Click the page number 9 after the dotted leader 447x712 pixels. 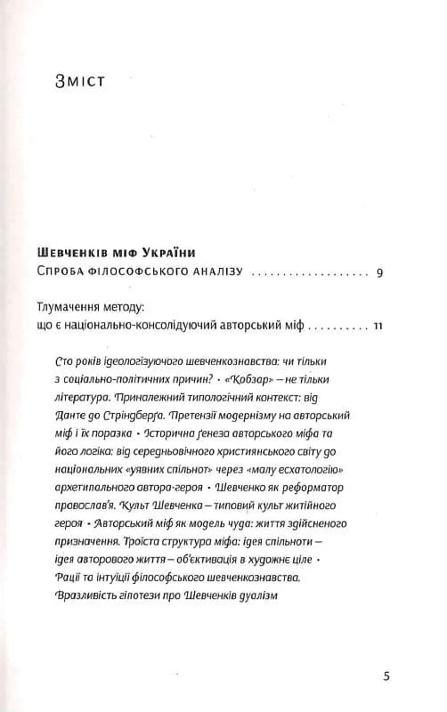click(379, 271)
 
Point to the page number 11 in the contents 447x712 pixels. click(378, 327)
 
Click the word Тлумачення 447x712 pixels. click(80, 307)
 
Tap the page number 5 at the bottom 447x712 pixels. click(386, 676)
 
